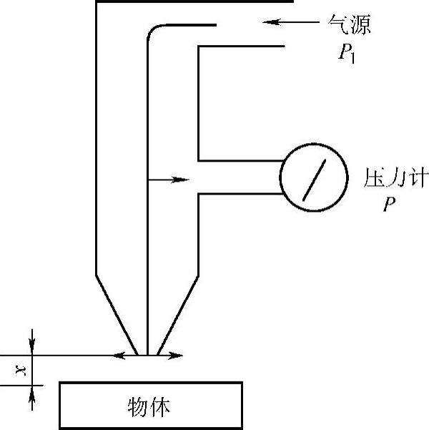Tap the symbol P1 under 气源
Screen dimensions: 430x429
347,54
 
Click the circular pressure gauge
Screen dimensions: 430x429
312,176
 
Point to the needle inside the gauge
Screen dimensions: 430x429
312,176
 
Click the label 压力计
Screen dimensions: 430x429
391,176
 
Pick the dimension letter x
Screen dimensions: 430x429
21,370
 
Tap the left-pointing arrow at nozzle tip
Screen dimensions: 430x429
126,355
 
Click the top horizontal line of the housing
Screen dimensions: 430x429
193,2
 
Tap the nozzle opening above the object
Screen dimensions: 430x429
147,356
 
